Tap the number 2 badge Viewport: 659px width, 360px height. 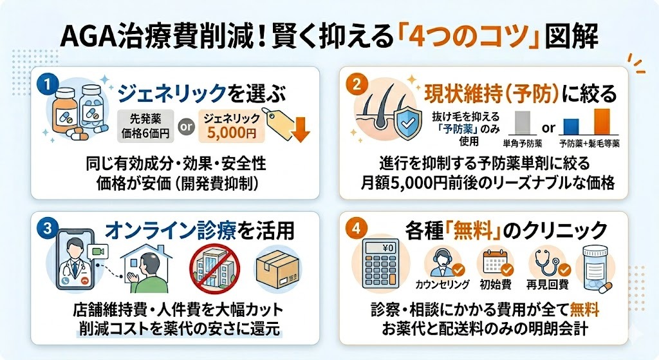356,84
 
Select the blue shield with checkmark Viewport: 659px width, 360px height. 406,122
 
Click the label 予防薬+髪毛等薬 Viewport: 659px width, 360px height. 589,142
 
